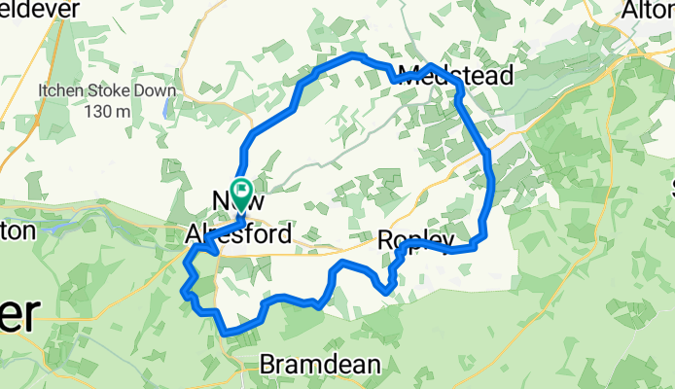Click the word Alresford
click(x=237, y=234)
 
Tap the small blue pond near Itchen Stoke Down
click(x=171, y=101)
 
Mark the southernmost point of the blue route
click(x=228, y=333)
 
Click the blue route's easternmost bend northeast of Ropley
click(x=491, y=185)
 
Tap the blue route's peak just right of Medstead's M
click(x=432, y=66)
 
